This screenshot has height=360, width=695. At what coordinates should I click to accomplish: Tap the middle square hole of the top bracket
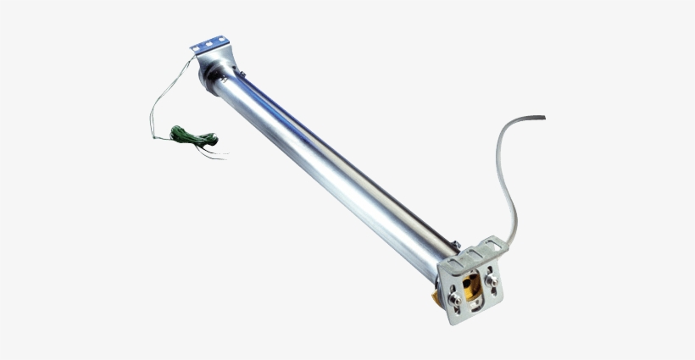pyautogui.click(x=210, y=44)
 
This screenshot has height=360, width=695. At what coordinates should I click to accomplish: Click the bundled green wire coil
pyautogui.click(x=192, y=137)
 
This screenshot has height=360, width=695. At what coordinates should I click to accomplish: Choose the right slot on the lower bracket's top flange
pyautogui.click(x=492, y=247)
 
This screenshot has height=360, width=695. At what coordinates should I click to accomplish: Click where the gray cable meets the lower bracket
pyautogui.click(x=509, y=240)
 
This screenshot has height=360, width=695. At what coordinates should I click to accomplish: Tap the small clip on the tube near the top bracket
pyautogui.click(x=242, y=76)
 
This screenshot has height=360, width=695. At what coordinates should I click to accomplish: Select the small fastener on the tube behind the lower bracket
pyautogui.click(x=456, y=245)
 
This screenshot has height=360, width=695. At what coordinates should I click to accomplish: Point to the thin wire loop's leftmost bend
pyautogui.click(x=151, y=119)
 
